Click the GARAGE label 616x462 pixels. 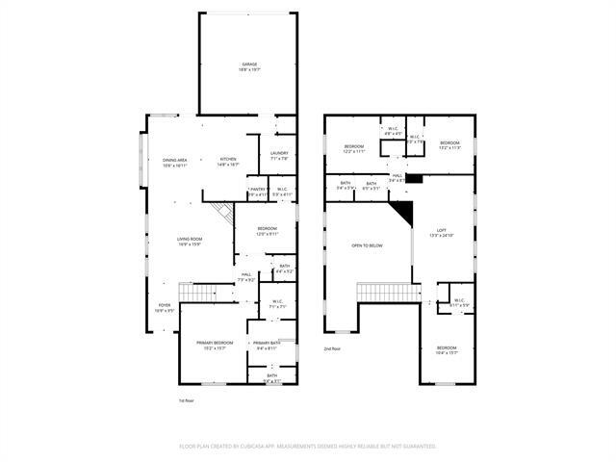[x=248, y=65]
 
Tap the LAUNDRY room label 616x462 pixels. [x=279, y=153]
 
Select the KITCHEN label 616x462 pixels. [x=228, y=160]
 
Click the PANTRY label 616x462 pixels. [x=257, y=190]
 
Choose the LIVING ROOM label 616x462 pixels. [x=189, y=239]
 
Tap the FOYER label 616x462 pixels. [x=165, y=306]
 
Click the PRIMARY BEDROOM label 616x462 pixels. [x=214, y=344]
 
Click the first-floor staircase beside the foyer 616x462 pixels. [x=195, y=292]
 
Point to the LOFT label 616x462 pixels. [x=442, y=230]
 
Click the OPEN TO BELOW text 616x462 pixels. [x=367, y=245]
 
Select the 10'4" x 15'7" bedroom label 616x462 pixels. [x=447, y=348]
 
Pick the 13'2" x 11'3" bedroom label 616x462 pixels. [x=449, y=143]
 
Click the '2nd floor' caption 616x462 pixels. [x=332, y=347]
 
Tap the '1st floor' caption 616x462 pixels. [x=187, y=399]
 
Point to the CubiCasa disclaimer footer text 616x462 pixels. [x=308, y=446]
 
